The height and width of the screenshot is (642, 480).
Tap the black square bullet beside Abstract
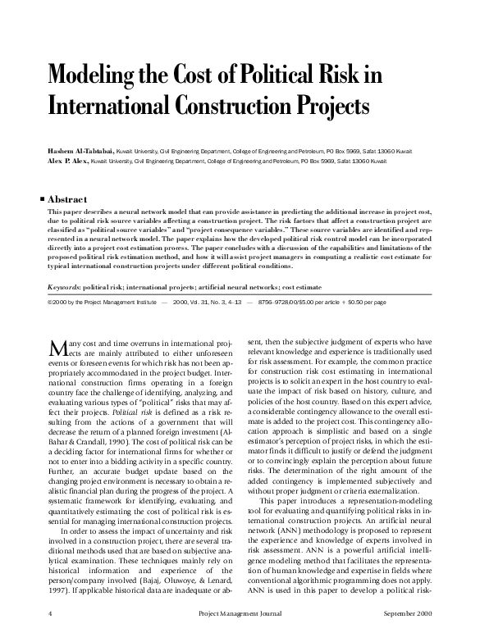click(x=43, y=198)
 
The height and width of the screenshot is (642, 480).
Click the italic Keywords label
click(x=67, y=287)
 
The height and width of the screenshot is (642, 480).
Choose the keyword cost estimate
click(x=299, y=287)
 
